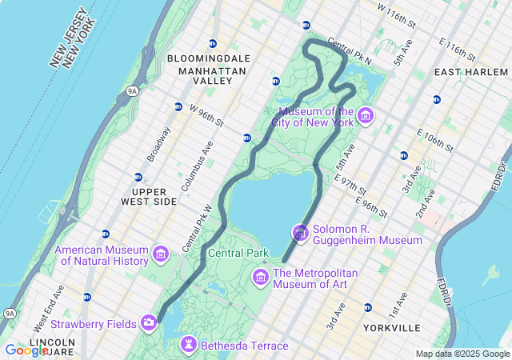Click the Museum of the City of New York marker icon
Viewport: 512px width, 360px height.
pos(366,118)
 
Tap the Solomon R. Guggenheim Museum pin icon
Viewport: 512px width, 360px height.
pos(301,234)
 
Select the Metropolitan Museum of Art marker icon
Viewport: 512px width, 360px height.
pos(261,278)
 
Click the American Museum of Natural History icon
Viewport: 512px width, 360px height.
pos(161,254)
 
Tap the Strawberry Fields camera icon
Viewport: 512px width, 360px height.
pos(149,323)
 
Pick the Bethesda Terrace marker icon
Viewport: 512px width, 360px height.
pos(189,345)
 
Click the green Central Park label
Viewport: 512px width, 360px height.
pos(238,254)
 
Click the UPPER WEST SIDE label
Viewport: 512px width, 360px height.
pos(154,196)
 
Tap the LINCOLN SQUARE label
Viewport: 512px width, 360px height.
pos(51,347)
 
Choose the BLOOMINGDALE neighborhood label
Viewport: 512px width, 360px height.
pos(209,58)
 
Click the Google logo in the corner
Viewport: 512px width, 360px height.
pos(26,350)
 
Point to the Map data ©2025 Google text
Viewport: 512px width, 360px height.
pos(462,354)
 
